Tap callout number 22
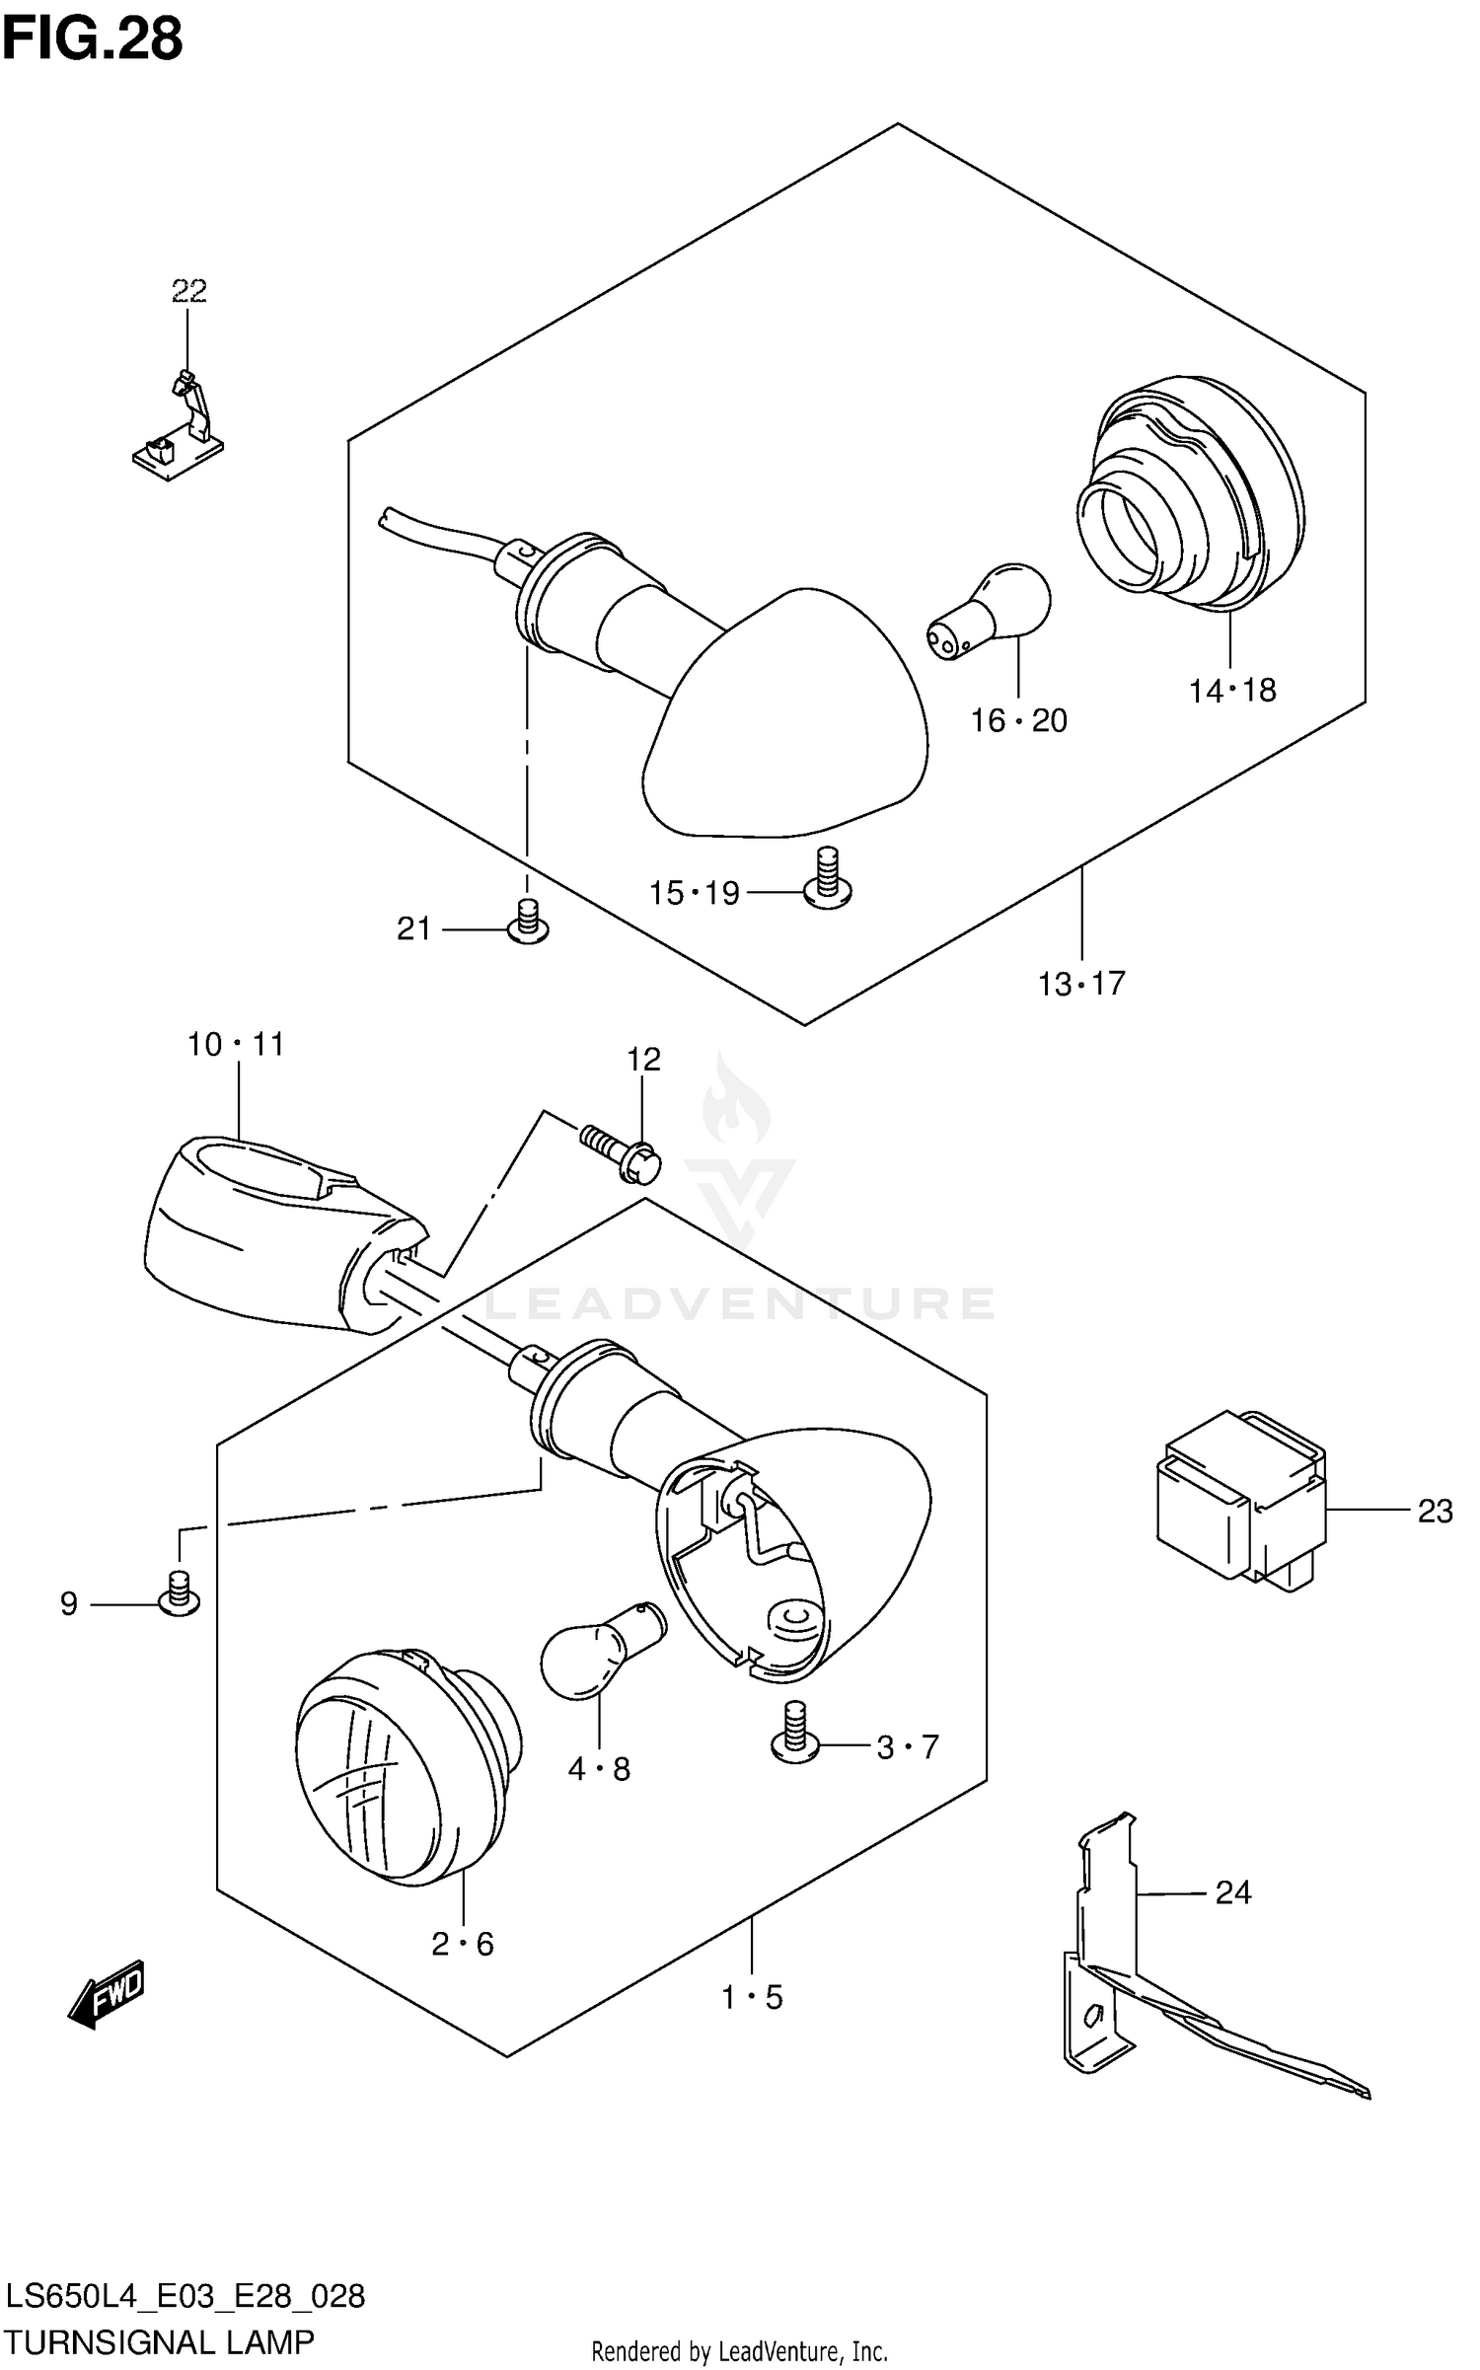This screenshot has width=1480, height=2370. pyautogui.click(x=188, y=291)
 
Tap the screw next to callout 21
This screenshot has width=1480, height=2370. pyautogui.click(x=528, y=922)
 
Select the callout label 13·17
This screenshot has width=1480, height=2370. pyautogui.click(x=1081, y=984)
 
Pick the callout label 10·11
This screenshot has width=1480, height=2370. pyautogui.click(x=236, y=1044)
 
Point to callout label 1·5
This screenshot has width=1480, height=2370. pyautogui.click(x=752, y=1998)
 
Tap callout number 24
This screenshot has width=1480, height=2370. pyautogui.click(x=1233, y=1892)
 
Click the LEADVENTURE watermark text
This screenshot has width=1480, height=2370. pyautogui.click(x=740, y=1303)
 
